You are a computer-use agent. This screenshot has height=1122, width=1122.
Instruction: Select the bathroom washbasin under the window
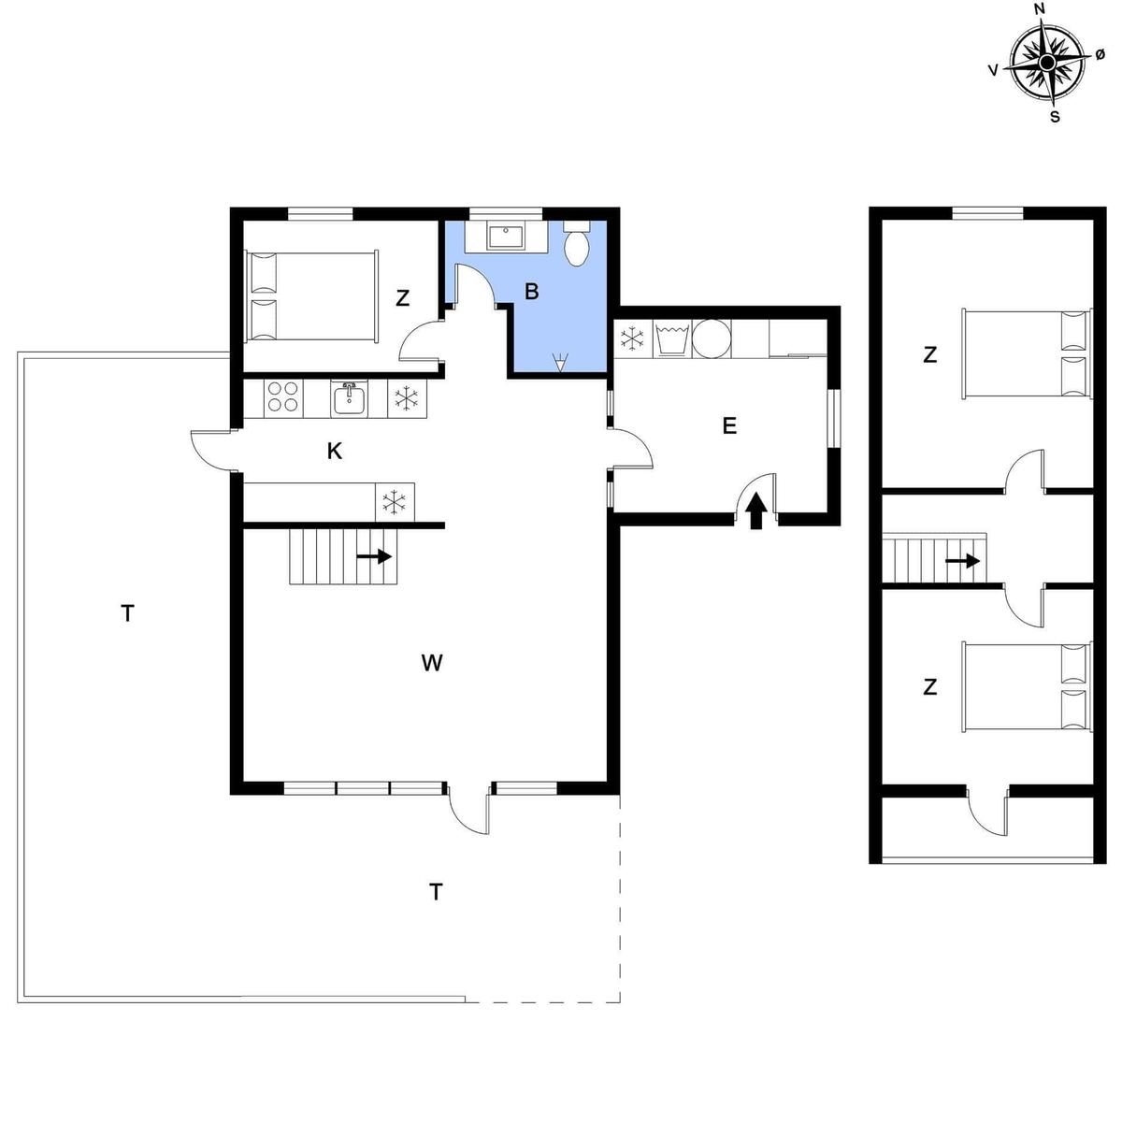pos(507,237)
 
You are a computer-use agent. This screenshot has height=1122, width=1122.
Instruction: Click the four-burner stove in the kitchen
pos(283,398)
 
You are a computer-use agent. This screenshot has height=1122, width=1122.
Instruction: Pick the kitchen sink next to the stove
pos(350,399)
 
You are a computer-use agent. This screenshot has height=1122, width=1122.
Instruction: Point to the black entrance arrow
pos(755,511)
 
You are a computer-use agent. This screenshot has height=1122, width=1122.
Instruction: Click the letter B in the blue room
pos(531,292)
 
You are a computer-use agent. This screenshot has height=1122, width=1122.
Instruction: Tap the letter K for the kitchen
pos(334,451)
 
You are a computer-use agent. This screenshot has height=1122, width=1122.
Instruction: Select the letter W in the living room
pos(432,663)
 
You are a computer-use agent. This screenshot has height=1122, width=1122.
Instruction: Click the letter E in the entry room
pos(729,425)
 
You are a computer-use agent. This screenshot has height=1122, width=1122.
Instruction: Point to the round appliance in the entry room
pos(712,338)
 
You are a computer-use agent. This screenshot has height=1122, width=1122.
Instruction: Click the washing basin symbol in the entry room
pos(672,338)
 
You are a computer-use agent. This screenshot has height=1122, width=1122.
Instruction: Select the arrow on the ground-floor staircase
pos(374,556)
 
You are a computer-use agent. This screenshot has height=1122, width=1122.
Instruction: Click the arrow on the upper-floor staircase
pos(962,561)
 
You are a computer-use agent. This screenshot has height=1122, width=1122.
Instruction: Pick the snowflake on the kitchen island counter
pos(394,502)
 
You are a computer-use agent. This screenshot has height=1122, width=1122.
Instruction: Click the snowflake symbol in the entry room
pos(632,338)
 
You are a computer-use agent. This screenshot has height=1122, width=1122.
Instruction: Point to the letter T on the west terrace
pos(127,613)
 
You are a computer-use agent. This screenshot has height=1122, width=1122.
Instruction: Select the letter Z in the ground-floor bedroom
pos(402,298)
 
